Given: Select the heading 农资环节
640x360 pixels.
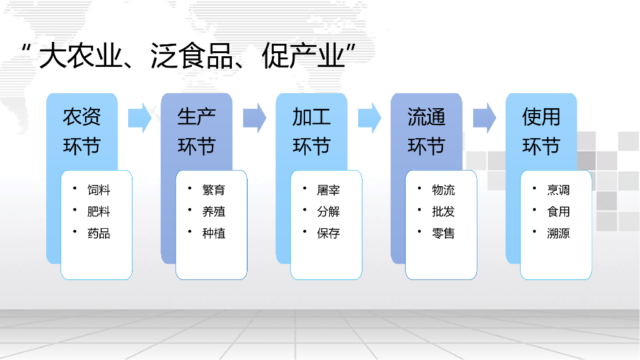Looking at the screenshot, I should [x=82, y=131].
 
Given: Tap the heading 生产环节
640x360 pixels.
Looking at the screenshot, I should [x=196, y=131].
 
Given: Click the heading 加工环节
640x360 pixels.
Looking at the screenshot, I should [x=311, y=131].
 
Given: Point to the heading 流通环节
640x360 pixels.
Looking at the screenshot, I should [x=426, y=131].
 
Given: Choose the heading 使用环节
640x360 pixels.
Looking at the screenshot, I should [x=541, y=131].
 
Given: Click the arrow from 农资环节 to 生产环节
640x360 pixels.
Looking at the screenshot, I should [x=139, y=117].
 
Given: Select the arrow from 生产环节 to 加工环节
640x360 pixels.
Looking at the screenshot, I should [x=254, y=117].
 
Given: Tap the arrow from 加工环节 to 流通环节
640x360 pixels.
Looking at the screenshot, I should [x=369, y=117].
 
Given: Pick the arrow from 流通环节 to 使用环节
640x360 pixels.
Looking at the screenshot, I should [x=484, y=117].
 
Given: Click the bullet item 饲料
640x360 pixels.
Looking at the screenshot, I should [x=99, y=190].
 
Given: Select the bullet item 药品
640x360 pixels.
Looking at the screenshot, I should [x=99, y=234].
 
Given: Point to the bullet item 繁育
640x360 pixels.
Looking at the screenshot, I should [x=214, y=190].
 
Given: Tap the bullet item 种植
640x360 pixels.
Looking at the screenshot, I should [x=214, y=234].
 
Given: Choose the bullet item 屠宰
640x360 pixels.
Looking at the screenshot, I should [x=329, y=190].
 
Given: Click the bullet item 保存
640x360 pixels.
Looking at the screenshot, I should [x=329, y=234].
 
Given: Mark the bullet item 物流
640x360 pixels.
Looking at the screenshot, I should [x=444, y=190].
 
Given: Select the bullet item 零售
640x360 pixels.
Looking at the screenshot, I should [x=444, y=234].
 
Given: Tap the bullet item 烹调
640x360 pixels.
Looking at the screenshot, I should [x=559, y=190].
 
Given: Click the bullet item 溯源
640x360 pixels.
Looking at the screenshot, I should [x=559, y=234].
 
